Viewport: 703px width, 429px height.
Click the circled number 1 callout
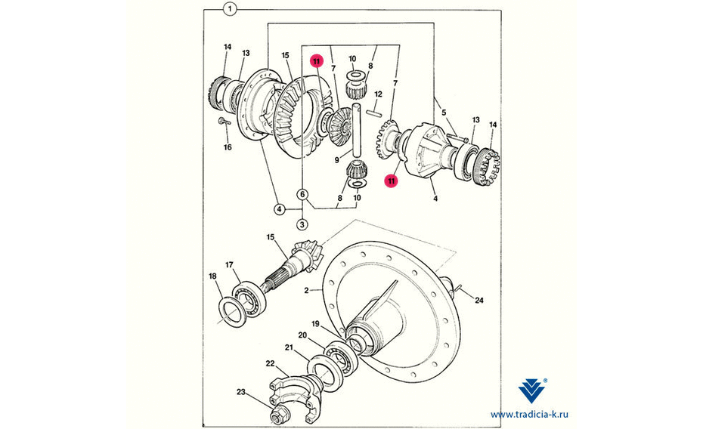pyautogui.click(x=230, y=9)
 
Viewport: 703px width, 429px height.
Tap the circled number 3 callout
pyautogui.click(x=302, y=224)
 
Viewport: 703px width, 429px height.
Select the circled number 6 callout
pyautogui.click(x=302, y=194)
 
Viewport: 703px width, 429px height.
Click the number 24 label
pyautogui.click(x=479, y=301)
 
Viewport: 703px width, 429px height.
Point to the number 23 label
pyautogui.click(x=241, y=392)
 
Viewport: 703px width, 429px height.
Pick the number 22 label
pyautogui.click(x=270, y=363)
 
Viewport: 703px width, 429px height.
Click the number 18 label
pyautogui.click(x=213, y=276)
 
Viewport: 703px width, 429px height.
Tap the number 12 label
pyautogui.click(x=379, y=94)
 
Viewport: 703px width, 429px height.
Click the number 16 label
pyautogui.click(x=228, y=147)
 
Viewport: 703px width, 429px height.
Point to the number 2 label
pyautogui.click(x=306, y=291)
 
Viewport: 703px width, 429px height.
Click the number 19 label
pyautogui.click(x=316, y=324)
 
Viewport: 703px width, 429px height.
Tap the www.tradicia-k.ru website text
pyautogui.click(x=529, y=415)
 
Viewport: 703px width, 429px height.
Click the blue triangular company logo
pyautogui.click(x=532, y=390)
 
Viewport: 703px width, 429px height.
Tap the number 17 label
pyautogui.click(x=229, y=265)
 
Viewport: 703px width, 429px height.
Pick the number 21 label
pyautogui.click(x=289, y=347)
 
